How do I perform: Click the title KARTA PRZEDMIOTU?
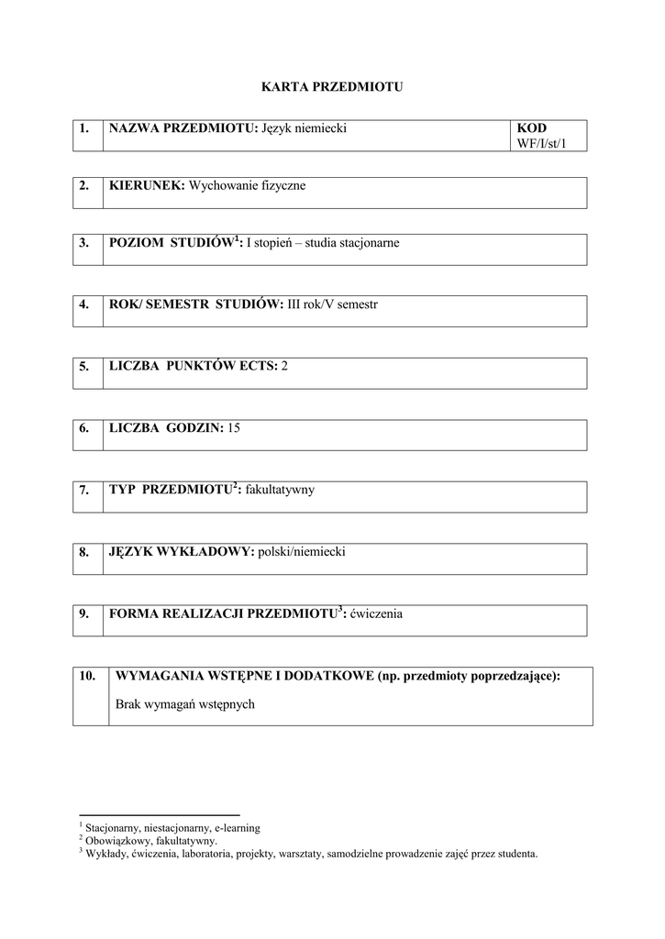(x=332, y=87)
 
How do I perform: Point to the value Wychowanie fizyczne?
(x=247, y=186)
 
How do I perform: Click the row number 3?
(x=84, y=243)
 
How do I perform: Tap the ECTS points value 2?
(x=285, y=366)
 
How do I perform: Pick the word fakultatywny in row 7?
(x=280, y=490)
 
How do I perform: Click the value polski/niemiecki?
(x=302, y=552)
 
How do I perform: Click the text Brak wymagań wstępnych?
(x=184, y=705)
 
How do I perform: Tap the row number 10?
(x=87, y=676)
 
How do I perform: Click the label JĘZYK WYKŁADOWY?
(x=181, y=552)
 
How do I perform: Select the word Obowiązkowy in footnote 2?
(x=118, y=840)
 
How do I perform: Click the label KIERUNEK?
(x=147, y=186)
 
